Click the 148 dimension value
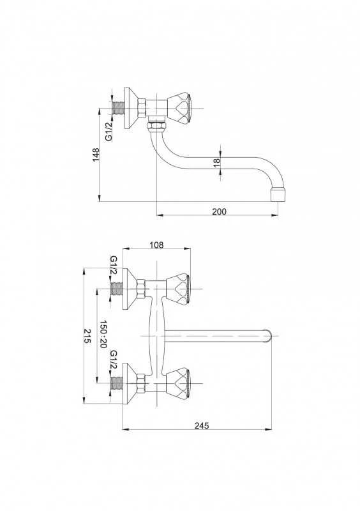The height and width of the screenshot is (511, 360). click(x=96, y=155)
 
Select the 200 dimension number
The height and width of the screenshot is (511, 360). click(x=220, y=211)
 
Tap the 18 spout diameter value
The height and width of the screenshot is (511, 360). click(x=217, y=163)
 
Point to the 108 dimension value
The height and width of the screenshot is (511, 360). click(x=156, y=245)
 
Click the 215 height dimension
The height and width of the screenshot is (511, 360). click(x=87, y=336)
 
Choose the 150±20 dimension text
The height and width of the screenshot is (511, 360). click(x=103, y=334)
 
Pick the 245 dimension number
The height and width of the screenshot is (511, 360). click(x=202, y=425)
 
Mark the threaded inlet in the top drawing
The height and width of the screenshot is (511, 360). click(x=118, y=108)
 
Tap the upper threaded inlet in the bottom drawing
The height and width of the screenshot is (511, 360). click(x=117, y=289)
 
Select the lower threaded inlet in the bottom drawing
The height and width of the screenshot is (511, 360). click(x=117, y=383)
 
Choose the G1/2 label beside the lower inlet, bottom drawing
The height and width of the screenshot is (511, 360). click(x=114, y=360)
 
